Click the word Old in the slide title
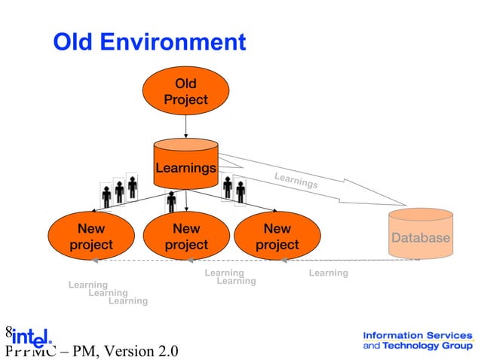tap(75, 42)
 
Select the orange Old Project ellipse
tap(185, 90)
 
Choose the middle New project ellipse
tap(185, 236)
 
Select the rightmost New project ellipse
tap(277, 236)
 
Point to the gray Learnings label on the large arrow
tap(296, 181)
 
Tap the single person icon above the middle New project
tap(172, 201)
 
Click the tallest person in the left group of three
tap(132, 187)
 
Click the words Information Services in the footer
tap(417, 335)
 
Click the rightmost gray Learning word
tap(328, 273)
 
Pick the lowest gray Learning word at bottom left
tap(128, 301)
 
